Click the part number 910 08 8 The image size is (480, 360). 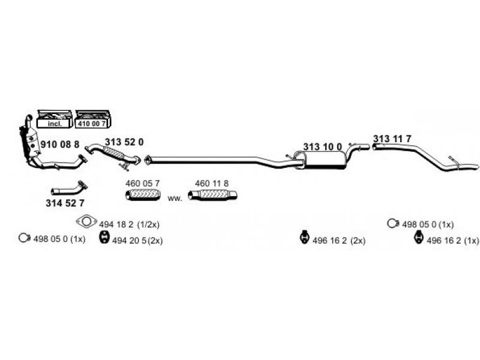click(59, 144)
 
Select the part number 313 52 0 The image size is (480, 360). click(124, 142)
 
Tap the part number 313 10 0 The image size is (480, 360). click(322, 146)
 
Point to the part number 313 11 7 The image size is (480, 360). click(392, 139)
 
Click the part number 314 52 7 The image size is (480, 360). click(65, 203)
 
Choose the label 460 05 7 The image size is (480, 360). click(142, 184)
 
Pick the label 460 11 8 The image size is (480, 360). click(212, 184)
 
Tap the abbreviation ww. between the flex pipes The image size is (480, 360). click(175, 199)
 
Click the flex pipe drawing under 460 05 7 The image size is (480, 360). click(143, 195)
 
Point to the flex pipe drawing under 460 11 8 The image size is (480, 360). click(213, 195)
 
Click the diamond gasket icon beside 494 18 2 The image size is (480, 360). click(86, 221)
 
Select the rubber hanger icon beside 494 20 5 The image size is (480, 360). click(104, 238)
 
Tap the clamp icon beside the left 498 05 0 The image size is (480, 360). click(24, 238)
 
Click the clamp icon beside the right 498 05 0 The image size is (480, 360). click(393, 223)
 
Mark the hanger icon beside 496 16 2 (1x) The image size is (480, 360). click(418, 238)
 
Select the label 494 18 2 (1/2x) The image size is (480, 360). click(129, 224)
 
